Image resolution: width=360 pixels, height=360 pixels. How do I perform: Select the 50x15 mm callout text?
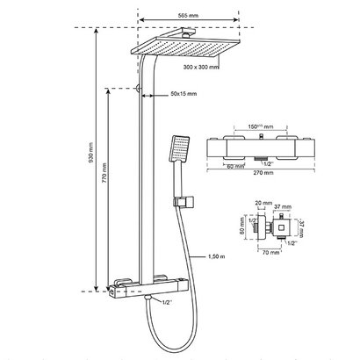(183, 93)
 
